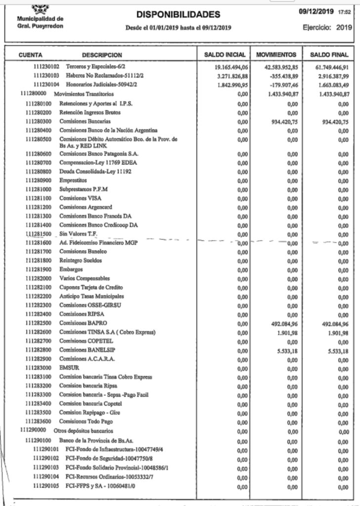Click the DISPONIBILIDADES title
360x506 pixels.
point(178,15)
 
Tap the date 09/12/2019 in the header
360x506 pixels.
point(316,10)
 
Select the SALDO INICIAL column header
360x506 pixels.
point(225,54)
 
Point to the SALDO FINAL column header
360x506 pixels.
point(329,54)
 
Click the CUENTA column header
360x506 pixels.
point(31,54)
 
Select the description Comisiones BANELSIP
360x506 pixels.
point(81,350)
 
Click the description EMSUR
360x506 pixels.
point(68,368)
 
